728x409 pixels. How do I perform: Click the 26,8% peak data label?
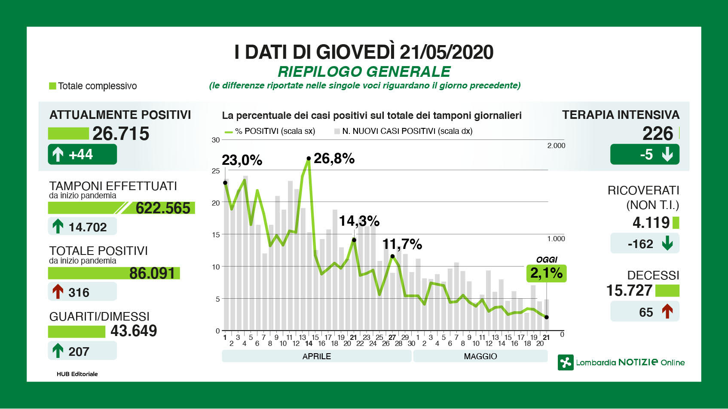(x=334, y=159)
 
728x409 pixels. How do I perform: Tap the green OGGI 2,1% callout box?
(x=546, y=273)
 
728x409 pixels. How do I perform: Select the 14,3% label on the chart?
(x=359, y=221)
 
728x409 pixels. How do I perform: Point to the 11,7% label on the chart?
(x=402, y=245)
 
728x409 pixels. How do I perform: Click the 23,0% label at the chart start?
(x=242, y=161)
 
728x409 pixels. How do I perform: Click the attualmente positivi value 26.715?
(x=121, y=134)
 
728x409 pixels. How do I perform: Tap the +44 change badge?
(x=82, y=155)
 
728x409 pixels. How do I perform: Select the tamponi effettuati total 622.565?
(x=163, y=208)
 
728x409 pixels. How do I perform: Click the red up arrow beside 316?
(x=58, y=292)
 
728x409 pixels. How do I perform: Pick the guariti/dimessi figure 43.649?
(x=134, y=331)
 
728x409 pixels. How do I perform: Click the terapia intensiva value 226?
(x=658, y=134)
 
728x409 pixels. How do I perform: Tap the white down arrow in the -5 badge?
(x=667, y=154)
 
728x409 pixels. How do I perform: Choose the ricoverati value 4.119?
(x=651, y=223)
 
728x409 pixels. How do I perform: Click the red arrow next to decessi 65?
(x=667, y=312)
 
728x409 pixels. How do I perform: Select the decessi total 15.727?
(x=629, y=291)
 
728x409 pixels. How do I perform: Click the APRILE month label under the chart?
(x=317, y=356)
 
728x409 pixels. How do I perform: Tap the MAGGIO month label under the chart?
(x=480, y=356)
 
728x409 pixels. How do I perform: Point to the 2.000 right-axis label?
(x=556, y=146)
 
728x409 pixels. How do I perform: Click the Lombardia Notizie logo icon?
(x=566, y=363)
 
